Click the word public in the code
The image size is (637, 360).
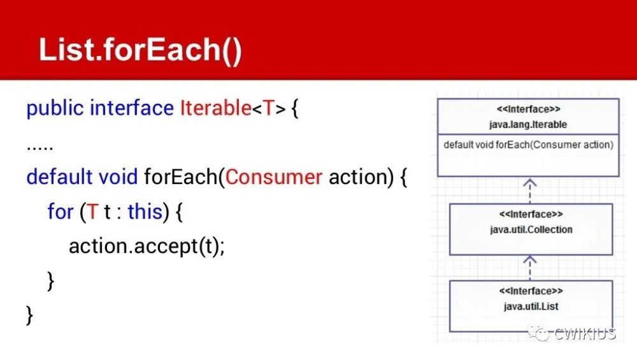[x=55, y=108]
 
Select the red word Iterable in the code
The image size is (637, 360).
[x=215, y=108]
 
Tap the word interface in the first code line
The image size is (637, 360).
[x=131, y=108]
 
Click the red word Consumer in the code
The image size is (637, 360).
[x=274, y=176]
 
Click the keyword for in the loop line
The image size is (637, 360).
[x=60, y=212]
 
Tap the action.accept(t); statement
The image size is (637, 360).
[x=147, y=246]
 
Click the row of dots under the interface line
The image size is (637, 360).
[x=39, y=145]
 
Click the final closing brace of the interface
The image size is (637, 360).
[x=29, y=315]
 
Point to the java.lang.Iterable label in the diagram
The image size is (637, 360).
[x=528, y=124]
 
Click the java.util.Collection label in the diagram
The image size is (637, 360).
[x=531, y=229]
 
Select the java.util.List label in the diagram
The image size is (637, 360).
[x=531, y=306]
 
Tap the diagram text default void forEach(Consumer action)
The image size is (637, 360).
[x=528, y=145]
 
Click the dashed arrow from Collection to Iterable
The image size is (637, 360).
[x=530, y=190]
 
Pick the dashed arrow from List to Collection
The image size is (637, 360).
[x=530, y=267]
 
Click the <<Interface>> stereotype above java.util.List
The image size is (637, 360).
[x=531, y=292]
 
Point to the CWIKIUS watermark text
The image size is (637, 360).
[x=585, y=334]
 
